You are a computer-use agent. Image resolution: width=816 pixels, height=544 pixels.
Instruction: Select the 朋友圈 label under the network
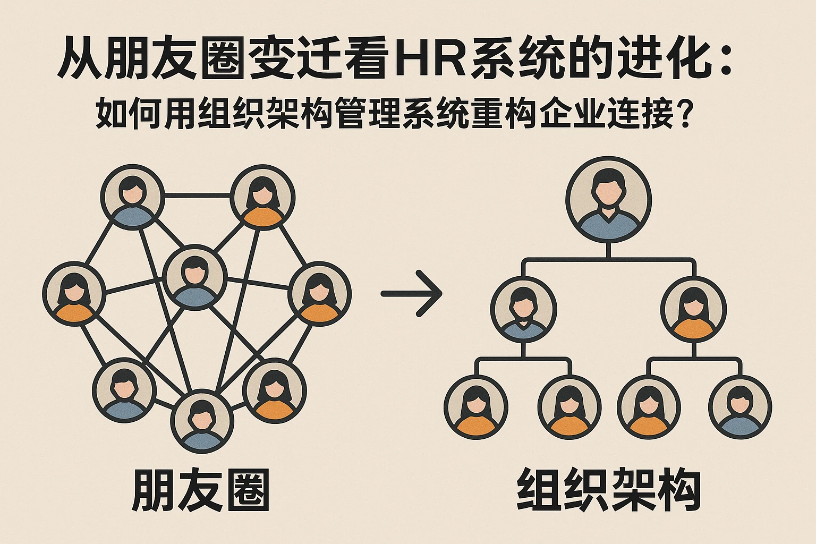201,489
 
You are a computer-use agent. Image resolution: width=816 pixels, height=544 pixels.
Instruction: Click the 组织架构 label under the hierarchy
609,489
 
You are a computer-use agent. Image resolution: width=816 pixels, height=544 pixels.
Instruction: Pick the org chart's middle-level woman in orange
693,308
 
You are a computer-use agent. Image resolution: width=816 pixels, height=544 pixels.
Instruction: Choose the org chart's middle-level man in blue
523,308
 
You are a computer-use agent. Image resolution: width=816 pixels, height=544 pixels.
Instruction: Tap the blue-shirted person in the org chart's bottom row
740,406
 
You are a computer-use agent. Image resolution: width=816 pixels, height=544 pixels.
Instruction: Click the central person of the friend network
195,277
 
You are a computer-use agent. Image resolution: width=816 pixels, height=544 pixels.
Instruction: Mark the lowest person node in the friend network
202,421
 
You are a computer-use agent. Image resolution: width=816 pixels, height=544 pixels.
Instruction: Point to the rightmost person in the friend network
319,293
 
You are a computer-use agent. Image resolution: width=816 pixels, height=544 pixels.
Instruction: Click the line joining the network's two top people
197,195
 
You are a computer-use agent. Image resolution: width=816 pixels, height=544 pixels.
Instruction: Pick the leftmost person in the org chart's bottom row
476,406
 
